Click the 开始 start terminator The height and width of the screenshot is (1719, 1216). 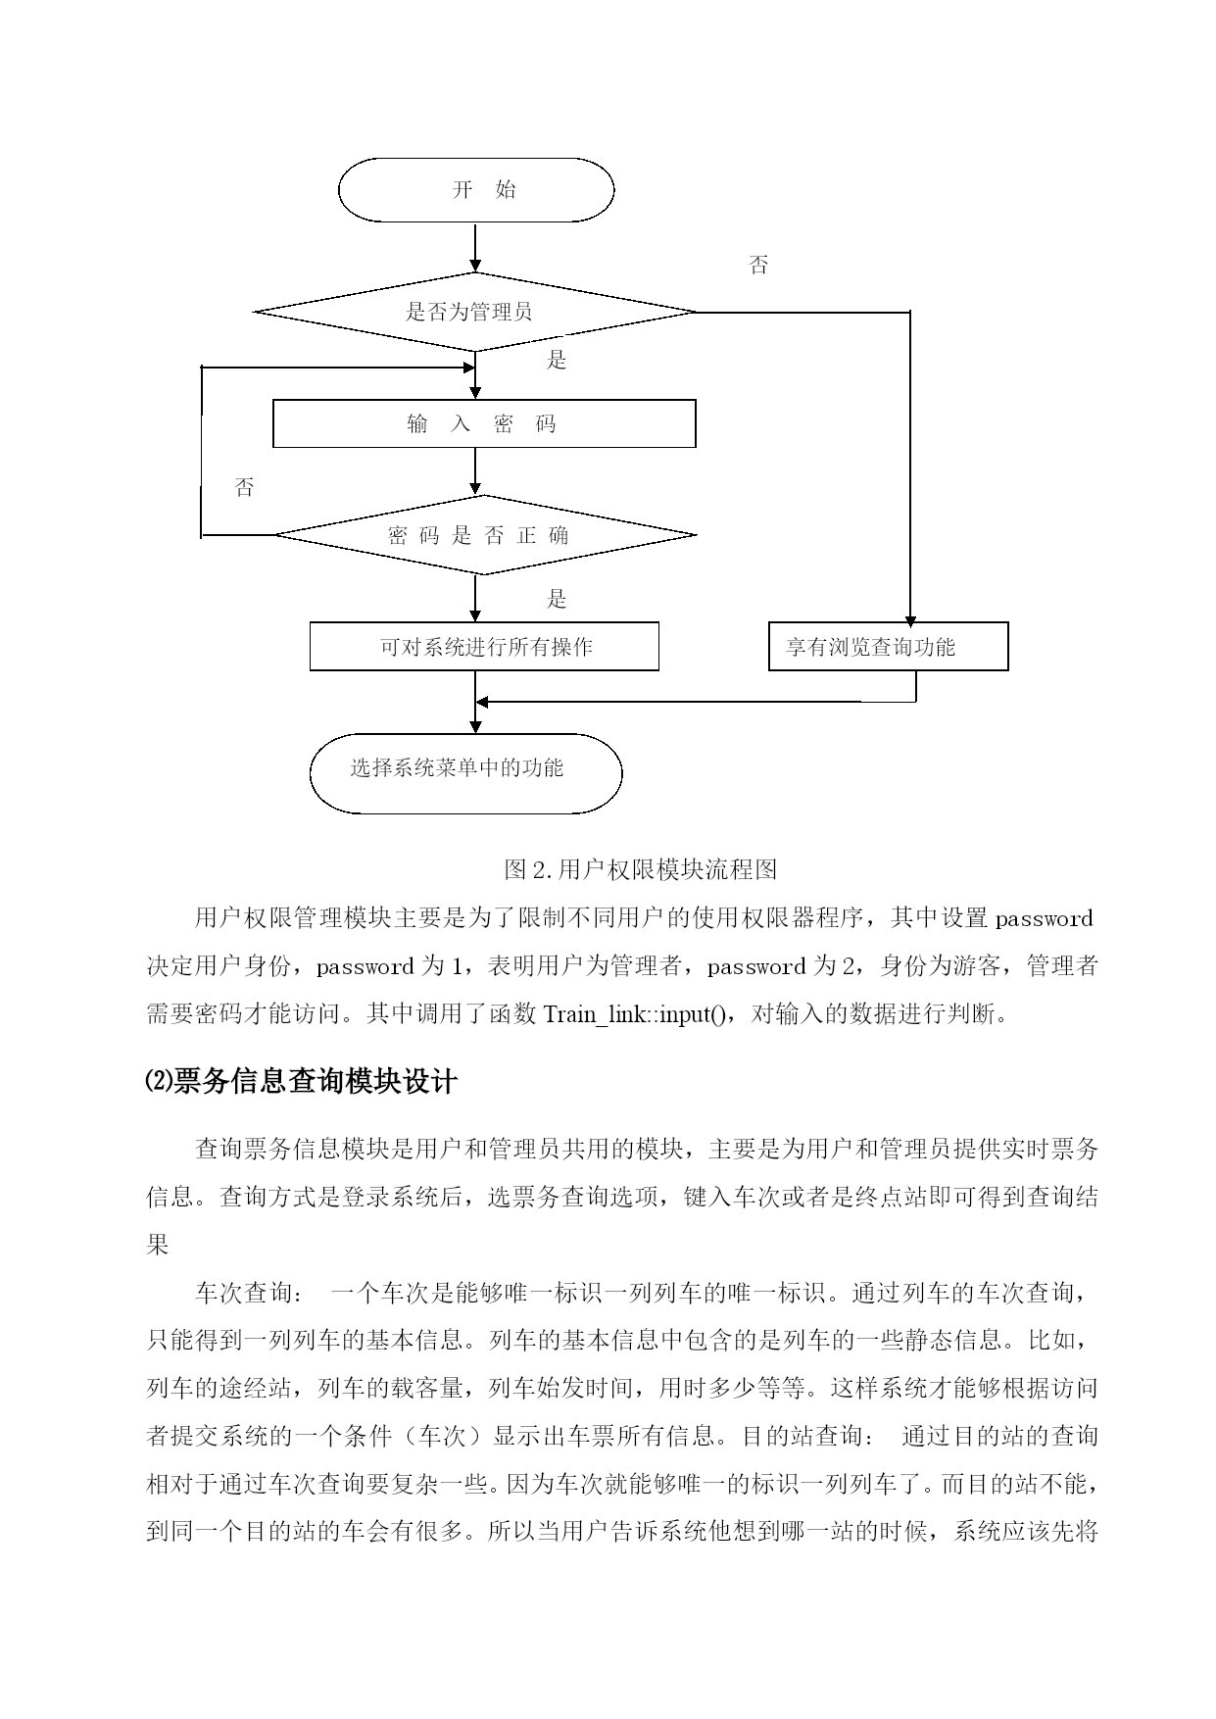click(x=476, y=190)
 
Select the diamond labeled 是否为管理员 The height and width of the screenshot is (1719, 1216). click(x=475, y=313)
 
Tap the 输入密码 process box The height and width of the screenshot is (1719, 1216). click(x=484, y=423)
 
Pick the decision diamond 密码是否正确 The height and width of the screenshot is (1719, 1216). click(x=484, y=535)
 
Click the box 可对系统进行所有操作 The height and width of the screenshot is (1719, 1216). click(x=484, y=647)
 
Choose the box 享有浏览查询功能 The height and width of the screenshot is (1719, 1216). click(x=888, y=647)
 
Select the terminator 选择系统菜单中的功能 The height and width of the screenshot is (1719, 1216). click(x=465, y=773)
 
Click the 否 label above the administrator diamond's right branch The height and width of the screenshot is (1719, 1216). click(x=758, y=265)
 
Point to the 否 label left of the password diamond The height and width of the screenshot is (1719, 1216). click(x=244, y=487)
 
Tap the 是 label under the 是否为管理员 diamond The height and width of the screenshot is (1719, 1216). click(x=557, y=361)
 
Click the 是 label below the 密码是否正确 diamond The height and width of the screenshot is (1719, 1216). click(x=557, y=599)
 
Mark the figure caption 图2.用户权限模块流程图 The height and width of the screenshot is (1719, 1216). click(x=640, y=869)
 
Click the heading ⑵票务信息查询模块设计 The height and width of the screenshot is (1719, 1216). click(x=301, y=1082)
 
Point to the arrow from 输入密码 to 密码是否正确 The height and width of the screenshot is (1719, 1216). click(x=476, y=471)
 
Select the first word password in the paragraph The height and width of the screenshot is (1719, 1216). click(x=1044, y=919)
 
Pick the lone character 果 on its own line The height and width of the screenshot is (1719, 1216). click(x=158, y=1245)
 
